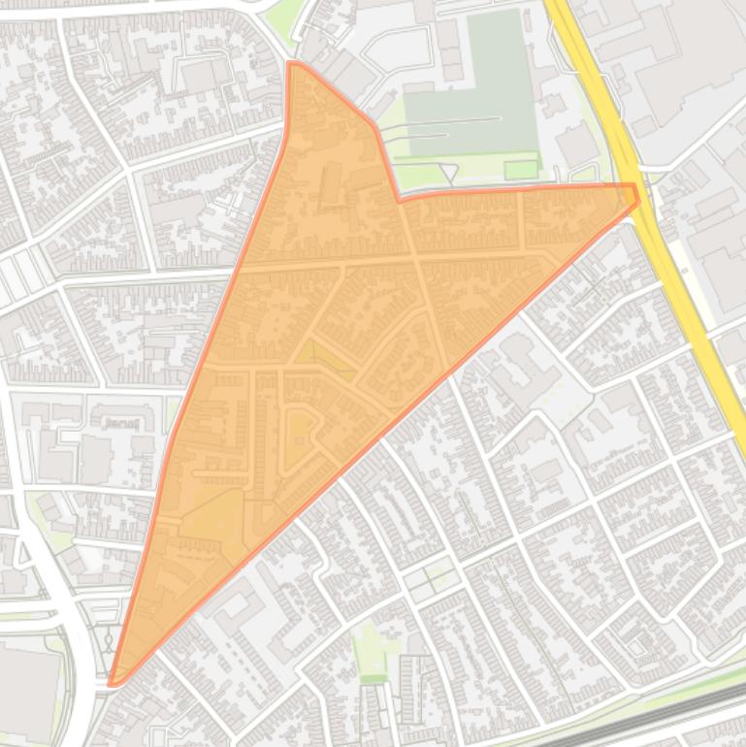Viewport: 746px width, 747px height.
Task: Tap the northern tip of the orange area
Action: [x=291, y=63]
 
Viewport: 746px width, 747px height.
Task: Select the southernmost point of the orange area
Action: [x=113, y=683]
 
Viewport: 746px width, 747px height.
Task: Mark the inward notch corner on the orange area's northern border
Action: [x=400, y=200]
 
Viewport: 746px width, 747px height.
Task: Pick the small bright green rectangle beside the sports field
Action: [x=521, y=170]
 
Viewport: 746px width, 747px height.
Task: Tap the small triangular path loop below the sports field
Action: [x=447, y=173]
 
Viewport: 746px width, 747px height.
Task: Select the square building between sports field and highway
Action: [x=577, y=146]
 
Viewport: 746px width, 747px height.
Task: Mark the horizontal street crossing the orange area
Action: [x=388, y=261]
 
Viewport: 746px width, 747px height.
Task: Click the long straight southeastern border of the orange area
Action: [x=388, y=427]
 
